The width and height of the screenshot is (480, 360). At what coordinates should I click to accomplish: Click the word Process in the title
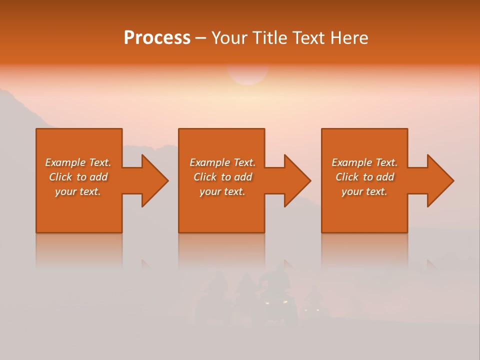click(x=157, y=38)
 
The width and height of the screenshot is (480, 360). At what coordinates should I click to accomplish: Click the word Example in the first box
click(x=65, y=162)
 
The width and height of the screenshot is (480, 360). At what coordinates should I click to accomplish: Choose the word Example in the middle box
click(x=209, y=162)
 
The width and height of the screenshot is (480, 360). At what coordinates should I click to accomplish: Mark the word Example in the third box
click(x=351, y=162)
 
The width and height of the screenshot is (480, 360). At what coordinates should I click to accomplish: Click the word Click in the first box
click(x=60, y=177)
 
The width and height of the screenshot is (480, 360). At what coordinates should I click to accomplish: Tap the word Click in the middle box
click(x=205, y=177)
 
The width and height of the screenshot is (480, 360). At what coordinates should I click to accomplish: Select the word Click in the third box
click(x=347, y=177)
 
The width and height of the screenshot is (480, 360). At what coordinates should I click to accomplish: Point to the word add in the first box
click(x=98, y=177)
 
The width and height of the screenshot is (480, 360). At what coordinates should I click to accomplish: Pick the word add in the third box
click(x=385, y=177)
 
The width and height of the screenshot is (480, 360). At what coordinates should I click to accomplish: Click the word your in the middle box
click(x=210, y=192)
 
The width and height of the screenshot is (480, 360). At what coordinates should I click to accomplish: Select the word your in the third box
click(x=352, y=192)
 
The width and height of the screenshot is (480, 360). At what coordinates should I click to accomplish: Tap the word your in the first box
click(x=65, y=192)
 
